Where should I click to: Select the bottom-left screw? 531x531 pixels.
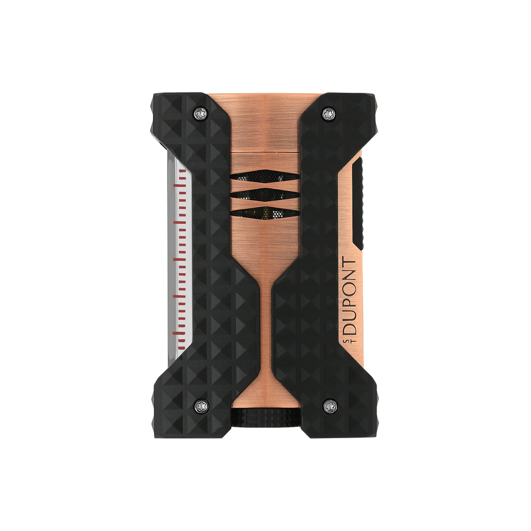click(200, 404)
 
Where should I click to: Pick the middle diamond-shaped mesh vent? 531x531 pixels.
click(264, 194)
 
